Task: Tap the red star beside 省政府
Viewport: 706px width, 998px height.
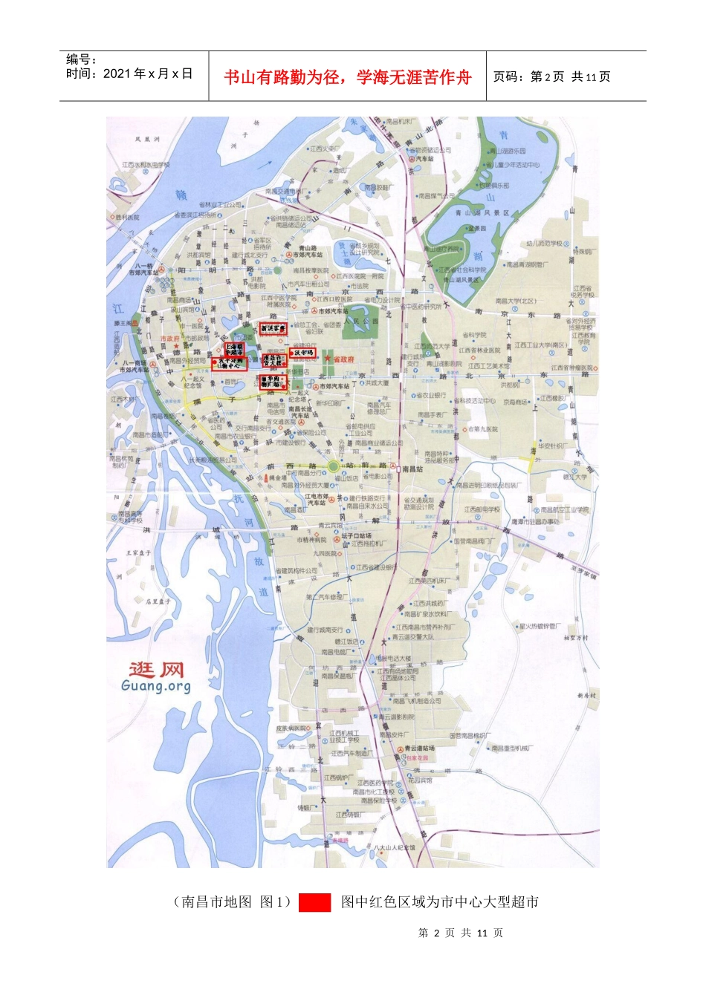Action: pyautogui.click(x=327, y=359)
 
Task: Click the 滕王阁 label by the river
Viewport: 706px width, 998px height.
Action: pyautogui.click(x=123, y=324)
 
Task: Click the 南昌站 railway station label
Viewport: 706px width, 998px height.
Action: pyautogui.click(x=411, y=469)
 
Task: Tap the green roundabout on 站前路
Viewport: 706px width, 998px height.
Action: pyautogui.click(x=334, y=466)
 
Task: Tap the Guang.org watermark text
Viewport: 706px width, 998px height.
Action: pyautogui.click(x=156, y=686)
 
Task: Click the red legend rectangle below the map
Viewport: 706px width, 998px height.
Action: pyautogui.click(x=314, y=902)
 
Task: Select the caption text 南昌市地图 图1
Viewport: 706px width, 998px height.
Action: pyautogui.click(x=231, y=902)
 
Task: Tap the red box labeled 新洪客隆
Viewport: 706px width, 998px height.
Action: pyautogui.click(x=272, y=327)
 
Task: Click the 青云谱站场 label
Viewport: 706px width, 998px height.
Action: pyautogui.click(x=418, y=748)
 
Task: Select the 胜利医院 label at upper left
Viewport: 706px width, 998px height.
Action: pyautogui.click(x=127, y=218)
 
